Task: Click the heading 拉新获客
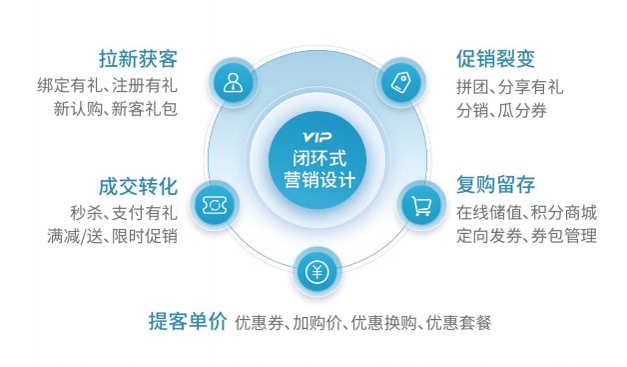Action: (138, 58)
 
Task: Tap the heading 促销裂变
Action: (497, 58)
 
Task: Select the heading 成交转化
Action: (138, 187)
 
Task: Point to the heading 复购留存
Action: (497, 186)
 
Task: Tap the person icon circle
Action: (233, 82)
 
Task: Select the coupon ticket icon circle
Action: (212, 204)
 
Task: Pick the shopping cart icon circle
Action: (421, 204)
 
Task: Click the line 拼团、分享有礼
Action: (510, 85)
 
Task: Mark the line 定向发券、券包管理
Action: (527, 236)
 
